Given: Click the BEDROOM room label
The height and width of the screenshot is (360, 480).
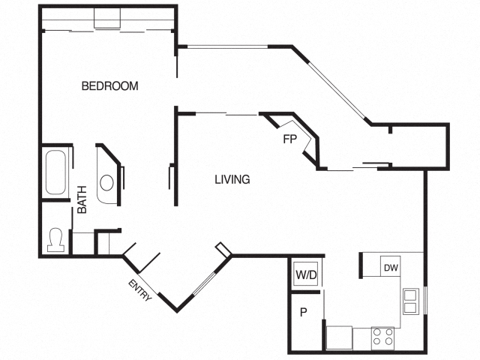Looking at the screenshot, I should (x=109, y=86).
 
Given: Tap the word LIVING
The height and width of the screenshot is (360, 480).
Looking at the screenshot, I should (x=232, y=180).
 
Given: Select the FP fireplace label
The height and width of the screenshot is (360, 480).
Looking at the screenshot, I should (x=289, y=139).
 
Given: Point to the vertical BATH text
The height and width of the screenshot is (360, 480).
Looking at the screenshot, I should (x=82, y=200).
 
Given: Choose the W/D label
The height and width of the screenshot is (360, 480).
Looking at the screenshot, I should (x=306, y=275).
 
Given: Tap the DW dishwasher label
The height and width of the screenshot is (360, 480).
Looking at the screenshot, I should (x=390, y=268).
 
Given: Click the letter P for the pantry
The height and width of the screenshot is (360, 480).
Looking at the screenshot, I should (x=304, y=312).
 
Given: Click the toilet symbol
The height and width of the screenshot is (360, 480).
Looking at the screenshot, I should (x=55, y=238).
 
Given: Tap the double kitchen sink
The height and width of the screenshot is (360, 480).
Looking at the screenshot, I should (x=411, y=300).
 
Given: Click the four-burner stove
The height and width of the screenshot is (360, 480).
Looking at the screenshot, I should (x=383, y=337).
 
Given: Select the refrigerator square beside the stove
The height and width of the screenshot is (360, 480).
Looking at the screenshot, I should (x=339, y=337).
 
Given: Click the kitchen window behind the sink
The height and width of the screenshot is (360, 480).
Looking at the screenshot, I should (x=424, y=300).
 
